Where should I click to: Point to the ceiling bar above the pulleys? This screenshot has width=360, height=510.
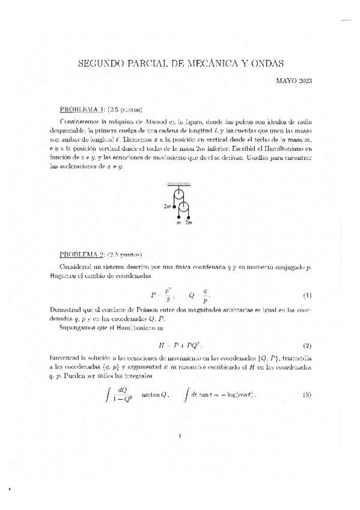click(x=180, y=183)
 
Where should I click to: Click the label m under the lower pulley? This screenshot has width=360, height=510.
click(x=178, y=223)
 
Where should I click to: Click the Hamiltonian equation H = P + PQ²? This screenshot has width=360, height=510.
click(x=180, y=346)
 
